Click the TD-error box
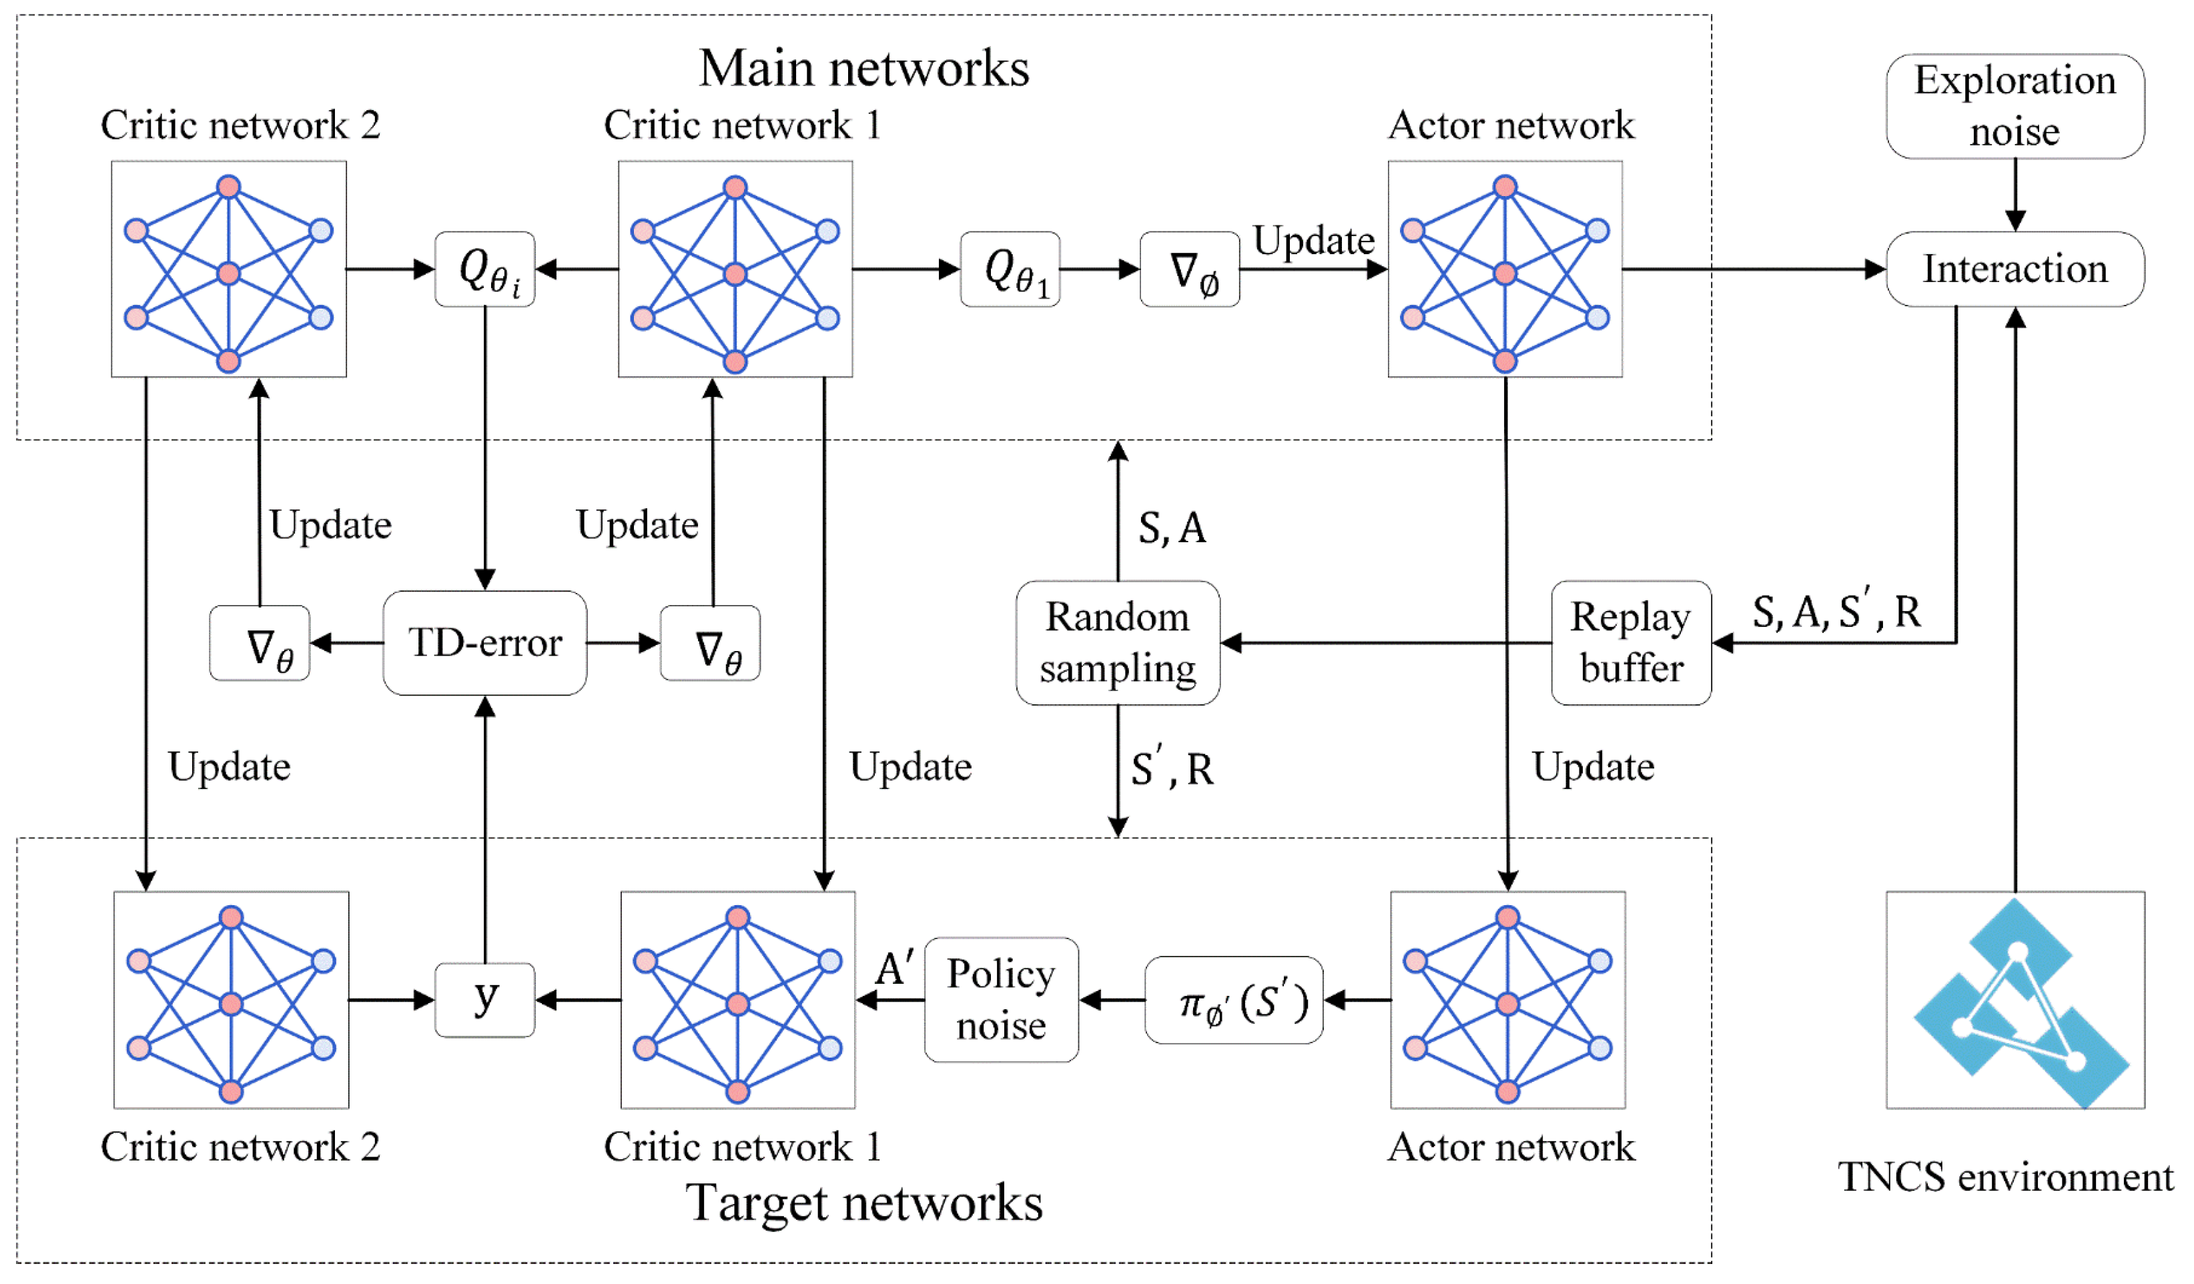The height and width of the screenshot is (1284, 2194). (x=485, y=643)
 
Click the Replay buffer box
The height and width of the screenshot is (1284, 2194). (x=1631, y=643)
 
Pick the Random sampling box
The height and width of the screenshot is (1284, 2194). (x=1117, y=643)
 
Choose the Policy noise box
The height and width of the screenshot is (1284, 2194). (x=1001, y=1001)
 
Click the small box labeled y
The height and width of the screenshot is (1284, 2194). (x=485, y=1001)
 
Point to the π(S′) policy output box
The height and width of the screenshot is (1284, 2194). (x=1234, y=1001)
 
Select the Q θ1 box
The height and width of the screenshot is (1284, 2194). (x=1010, y=269)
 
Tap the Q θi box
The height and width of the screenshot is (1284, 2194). (x=485, y=269)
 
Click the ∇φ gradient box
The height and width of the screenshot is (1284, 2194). (x=1189, y=269)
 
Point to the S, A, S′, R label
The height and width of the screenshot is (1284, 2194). (x=1835, y=612)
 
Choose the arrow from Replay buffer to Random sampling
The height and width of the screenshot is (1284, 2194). (x=1385, y=643)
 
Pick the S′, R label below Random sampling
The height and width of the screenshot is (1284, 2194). (x=1171, y=768)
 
